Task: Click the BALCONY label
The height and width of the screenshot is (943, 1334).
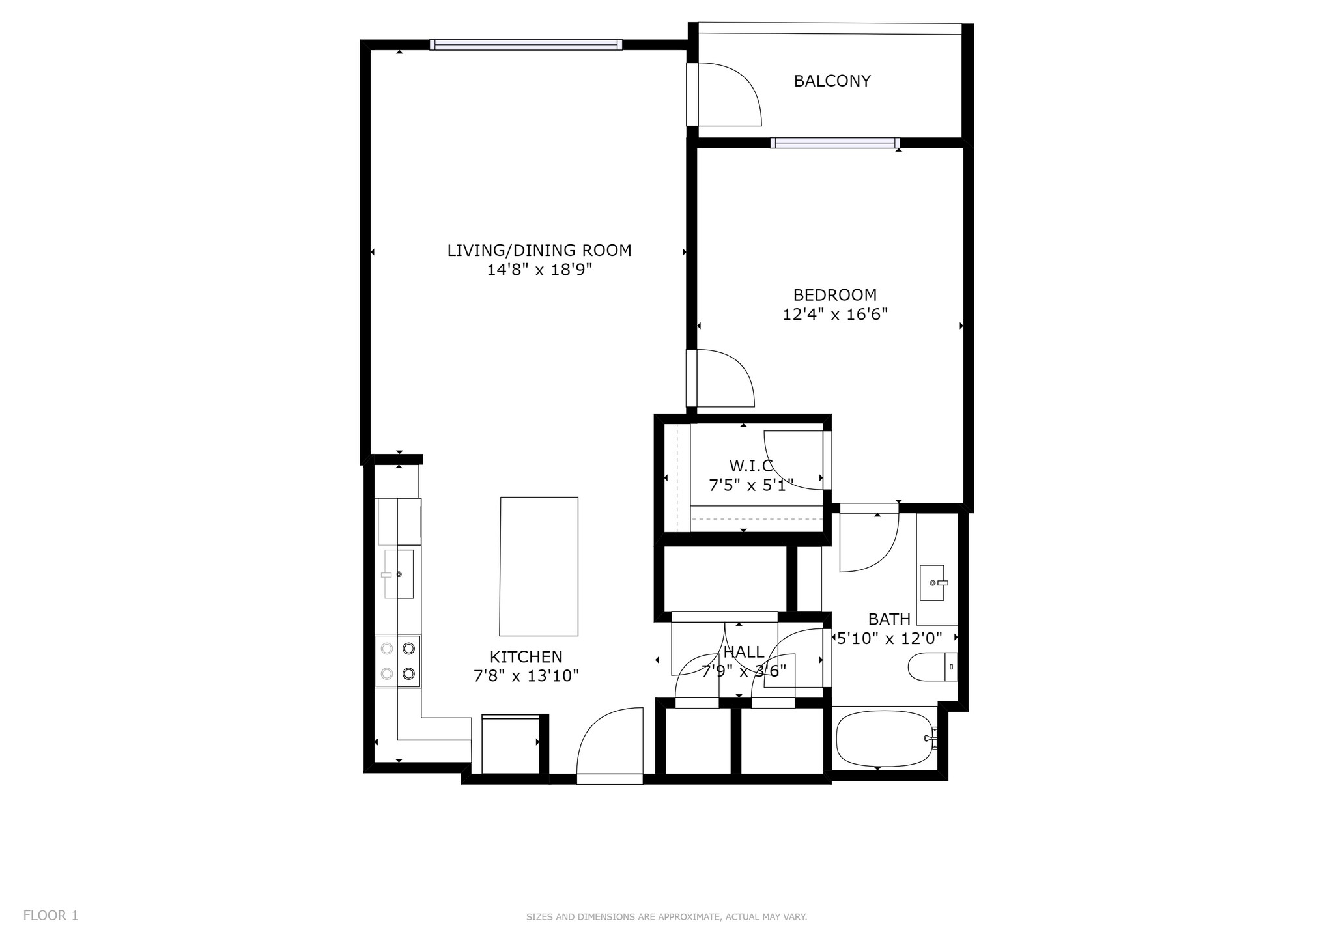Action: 832,81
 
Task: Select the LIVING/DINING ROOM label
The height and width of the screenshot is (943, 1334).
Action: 539,251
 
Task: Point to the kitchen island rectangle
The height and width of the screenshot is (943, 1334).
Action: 539,566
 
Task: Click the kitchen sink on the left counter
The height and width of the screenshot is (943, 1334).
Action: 399,574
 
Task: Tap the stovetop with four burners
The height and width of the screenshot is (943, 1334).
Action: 398,661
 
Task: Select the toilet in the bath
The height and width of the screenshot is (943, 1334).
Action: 931,668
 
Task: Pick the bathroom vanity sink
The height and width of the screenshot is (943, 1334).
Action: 932,583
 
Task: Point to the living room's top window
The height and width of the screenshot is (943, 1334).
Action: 526,45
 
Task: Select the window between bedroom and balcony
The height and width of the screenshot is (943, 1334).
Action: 834,143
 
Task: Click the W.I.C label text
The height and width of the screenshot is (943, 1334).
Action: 750,466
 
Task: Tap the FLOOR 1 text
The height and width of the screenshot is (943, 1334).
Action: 51,916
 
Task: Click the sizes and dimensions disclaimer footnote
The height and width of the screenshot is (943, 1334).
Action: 666,917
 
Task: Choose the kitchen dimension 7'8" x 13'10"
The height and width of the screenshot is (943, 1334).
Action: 526,677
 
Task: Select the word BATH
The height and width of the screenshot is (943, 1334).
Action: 889,620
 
